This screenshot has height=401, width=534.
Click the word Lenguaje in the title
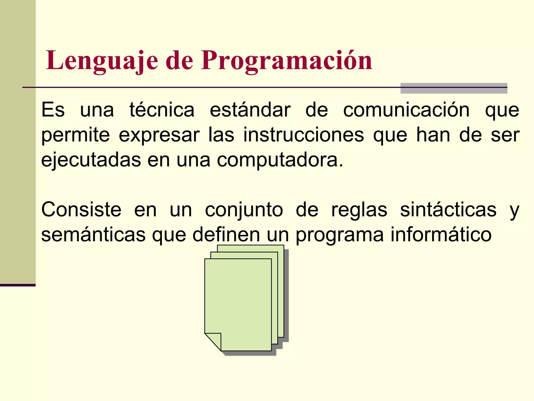tap(102, 61)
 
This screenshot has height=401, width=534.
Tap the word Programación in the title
tap(286, 61)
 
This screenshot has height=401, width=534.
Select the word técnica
tap(162, 110)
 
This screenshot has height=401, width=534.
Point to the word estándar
tap(250, 110)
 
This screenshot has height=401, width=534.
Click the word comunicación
tap(406, 110)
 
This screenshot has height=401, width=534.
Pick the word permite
tap(76, 135)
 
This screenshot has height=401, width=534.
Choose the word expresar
tap(159, 135)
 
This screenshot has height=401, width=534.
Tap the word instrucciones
tap(304, 135)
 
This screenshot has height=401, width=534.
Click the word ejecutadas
tap(91, 160)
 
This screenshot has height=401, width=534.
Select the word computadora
tap(280, 160)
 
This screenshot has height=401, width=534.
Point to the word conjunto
tap(244, 210)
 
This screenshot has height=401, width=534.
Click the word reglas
tap(359, 210)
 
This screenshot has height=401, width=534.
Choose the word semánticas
tap(93, 234)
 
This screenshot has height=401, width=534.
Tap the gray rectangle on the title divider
tap(454, 88)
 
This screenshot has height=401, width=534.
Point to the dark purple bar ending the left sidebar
tap(17, 285)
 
